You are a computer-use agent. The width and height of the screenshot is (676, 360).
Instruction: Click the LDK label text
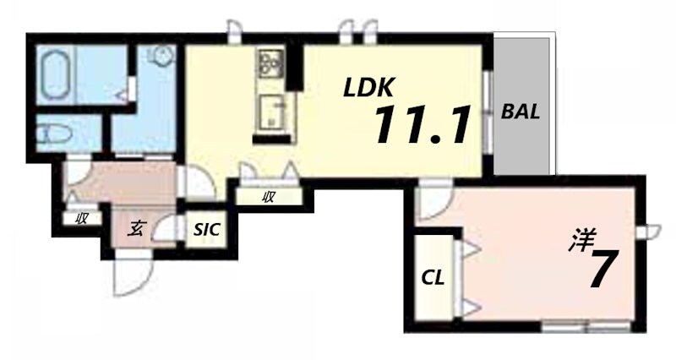tap(368, 88)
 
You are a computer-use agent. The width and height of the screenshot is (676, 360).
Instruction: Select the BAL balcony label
tap(521, 112)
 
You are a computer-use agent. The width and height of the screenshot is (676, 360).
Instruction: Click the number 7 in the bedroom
tap(602, 270)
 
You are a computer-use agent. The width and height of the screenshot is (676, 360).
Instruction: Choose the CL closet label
tap(433, 278)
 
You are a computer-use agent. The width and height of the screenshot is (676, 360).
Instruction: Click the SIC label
tap(206, 229)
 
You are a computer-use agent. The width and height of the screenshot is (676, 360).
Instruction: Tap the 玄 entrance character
tap(135, 228)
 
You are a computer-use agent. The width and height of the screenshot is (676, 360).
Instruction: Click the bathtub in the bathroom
tap(56, 75)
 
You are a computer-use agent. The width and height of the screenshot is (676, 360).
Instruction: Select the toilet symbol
tap(54, 134)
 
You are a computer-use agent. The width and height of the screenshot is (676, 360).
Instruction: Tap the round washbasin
tap(162, 56)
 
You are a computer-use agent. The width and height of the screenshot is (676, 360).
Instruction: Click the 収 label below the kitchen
tap(268, 198)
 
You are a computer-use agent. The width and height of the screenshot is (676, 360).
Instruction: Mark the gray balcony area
tap(521, 106)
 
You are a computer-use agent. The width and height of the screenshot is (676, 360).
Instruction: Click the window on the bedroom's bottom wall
tap(586, 327)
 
